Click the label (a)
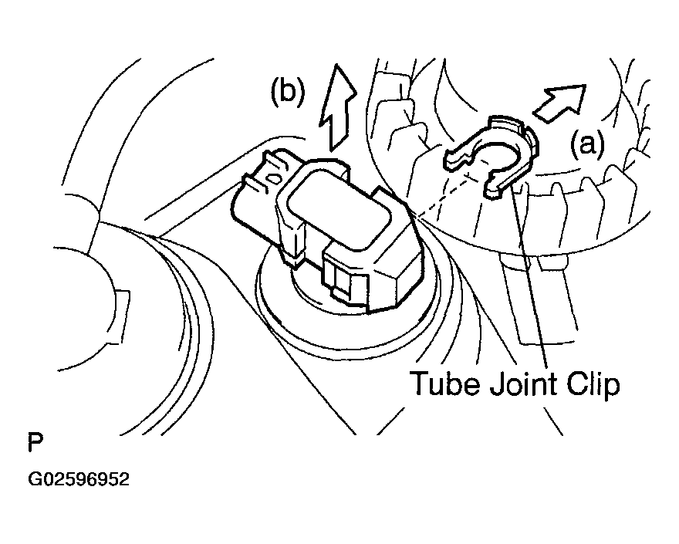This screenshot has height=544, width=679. pyautogui.click(x=586, y=144)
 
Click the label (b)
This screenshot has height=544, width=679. pyautogui.click(x=288, y=93)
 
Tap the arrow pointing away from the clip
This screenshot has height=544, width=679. pyautogui.click(x=560, y=101)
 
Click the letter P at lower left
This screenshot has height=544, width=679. pyautogui.click(x=35, y=442)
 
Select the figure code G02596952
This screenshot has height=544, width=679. pyautogui.click(x=79, y=479)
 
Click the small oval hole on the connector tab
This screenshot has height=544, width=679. pyautogui.click(x=273, y=178)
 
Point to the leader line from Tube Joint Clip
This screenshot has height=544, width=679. pyautogui.click(x=531, y=277)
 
